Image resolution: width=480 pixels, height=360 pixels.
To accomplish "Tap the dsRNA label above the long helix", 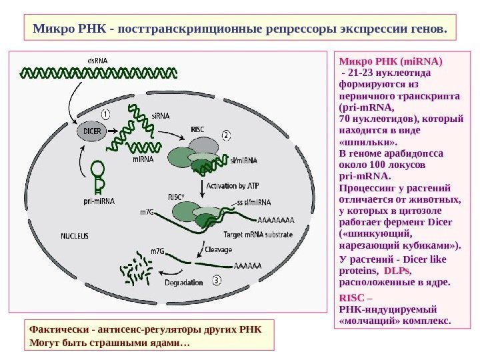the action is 98,61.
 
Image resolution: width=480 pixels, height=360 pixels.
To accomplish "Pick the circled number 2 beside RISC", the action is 227,135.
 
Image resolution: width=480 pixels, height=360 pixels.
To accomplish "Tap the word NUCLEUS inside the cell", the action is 74,235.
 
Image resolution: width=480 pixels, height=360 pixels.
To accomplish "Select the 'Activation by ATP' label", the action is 232,185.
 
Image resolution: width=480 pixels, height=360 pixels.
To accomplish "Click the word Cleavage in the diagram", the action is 218,249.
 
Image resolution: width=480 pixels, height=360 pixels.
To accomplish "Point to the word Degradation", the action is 183,281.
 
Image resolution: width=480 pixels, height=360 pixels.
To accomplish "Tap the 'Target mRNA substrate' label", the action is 259,235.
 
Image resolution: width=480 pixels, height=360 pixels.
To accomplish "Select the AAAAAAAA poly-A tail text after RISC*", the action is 274,219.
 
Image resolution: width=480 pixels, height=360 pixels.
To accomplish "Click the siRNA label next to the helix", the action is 160,115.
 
